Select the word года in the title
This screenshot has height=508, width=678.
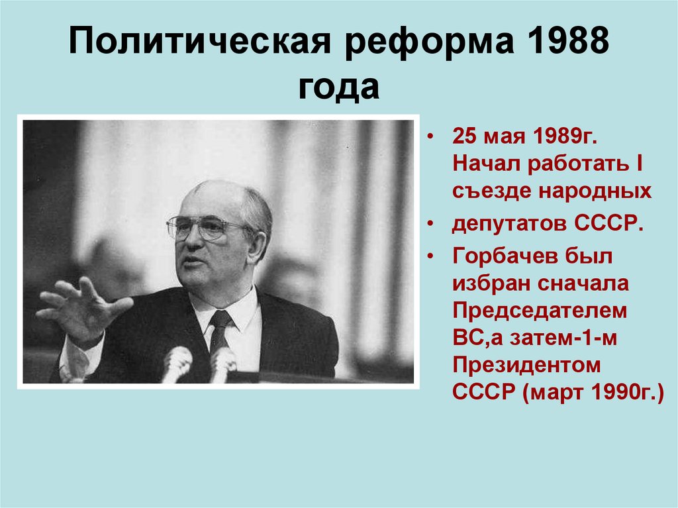(x=338, y=88)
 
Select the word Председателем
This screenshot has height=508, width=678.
(x=540, y=311)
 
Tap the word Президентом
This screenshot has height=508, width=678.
(x=526, y=366)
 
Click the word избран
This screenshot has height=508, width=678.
(x=485, y=283)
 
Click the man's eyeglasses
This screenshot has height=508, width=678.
(x=201, y=228)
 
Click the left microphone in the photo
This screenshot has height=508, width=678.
(x=177, y=363)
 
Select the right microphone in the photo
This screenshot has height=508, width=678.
(x=223, y=363)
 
